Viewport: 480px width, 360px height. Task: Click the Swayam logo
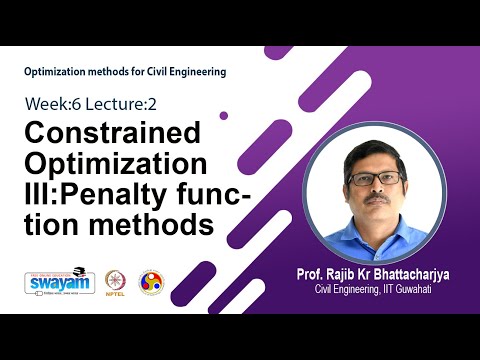point(52,283)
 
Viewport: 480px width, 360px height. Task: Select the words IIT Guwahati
point(402,290)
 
